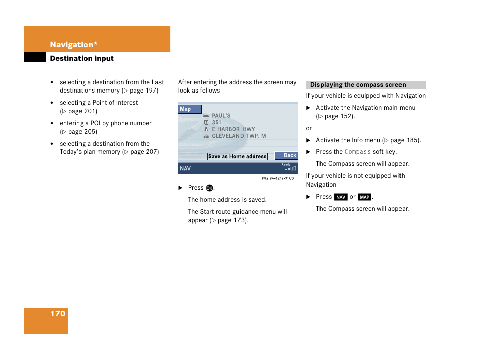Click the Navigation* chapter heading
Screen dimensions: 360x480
pos(73,45)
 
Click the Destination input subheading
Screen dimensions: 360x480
pos(82,58)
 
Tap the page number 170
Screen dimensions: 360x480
pos(58,314)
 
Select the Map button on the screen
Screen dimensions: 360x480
pos(189,109)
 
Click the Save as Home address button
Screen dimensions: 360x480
pos(237,156)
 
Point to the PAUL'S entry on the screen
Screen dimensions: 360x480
pos(221,116)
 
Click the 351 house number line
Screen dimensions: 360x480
pos(216,122)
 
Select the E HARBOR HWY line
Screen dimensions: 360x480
pos(233,129)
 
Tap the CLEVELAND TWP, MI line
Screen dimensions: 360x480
pos(239,136)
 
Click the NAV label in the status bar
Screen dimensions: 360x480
pos(185,169)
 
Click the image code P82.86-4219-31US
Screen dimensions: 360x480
pos(278,178)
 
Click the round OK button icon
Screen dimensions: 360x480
pos(210,188)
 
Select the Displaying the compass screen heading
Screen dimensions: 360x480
pos(358,85)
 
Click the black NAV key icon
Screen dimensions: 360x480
pos(341,197)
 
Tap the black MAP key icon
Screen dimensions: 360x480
pos(365,197)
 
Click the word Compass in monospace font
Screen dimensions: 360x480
pos(357,152)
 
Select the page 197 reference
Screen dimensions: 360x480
pos(141,91)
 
